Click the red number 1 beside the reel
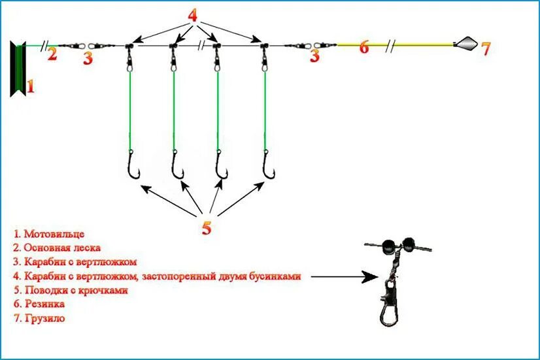29,85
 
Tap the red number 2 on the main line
52,54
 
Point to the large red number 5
207,227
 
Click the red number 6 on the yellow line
364,47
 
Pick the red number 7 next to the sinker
484,48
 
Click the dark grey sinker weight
465,44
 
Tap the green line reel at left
18,68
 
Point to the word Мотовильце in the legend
54,233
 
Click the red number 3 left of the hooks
88,57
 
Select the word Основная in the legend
44,248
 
